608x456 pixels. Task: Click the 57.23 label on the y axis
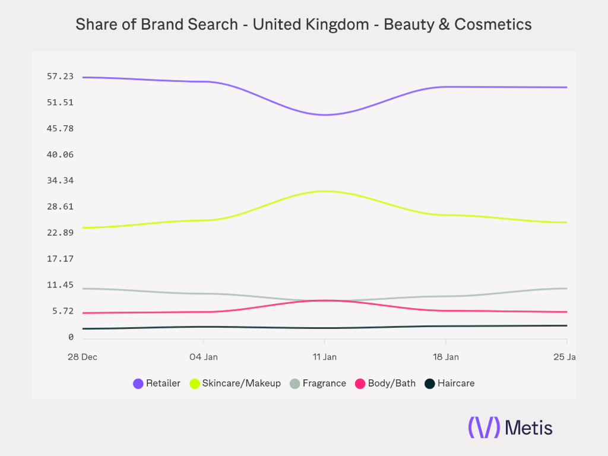(61, 76)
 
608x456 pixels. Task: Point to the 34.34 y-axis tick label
(61, 180)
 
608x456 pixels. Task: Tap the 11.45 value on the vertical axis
(61, 285)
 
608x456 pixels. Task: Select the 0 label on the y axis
(71, 337)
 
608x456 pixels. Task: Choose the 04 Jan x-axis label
(203, 357)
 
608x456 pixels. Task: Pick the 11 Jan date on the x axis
(324, 357)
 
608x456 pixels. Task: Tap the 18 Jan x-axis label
(445, 357)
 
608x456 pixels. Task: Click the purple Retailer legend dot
(138, 384)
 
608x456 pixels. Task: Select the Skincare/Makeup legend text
(241, 384)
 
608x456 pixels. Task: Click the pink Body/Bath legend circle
(360, 384)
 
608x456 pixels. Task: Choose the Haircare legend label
(456, 384)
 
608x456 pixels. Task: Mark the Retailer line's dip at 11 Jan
(324, 115)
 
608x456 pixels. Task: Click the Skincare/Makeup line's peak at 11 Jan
(324, 191)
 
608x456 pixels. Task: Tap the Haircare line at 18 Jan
(445, 326)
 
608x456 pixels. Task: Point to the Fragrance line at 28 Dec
(83, 289)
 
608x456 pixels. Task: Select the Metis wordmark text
(528, 427)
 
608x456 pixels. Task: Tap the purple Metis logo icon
(484, 427)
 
